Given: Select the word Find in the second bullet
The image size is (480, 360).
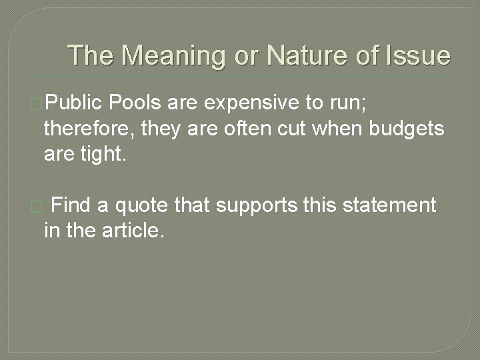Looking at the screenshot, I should tap(71, 205).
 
